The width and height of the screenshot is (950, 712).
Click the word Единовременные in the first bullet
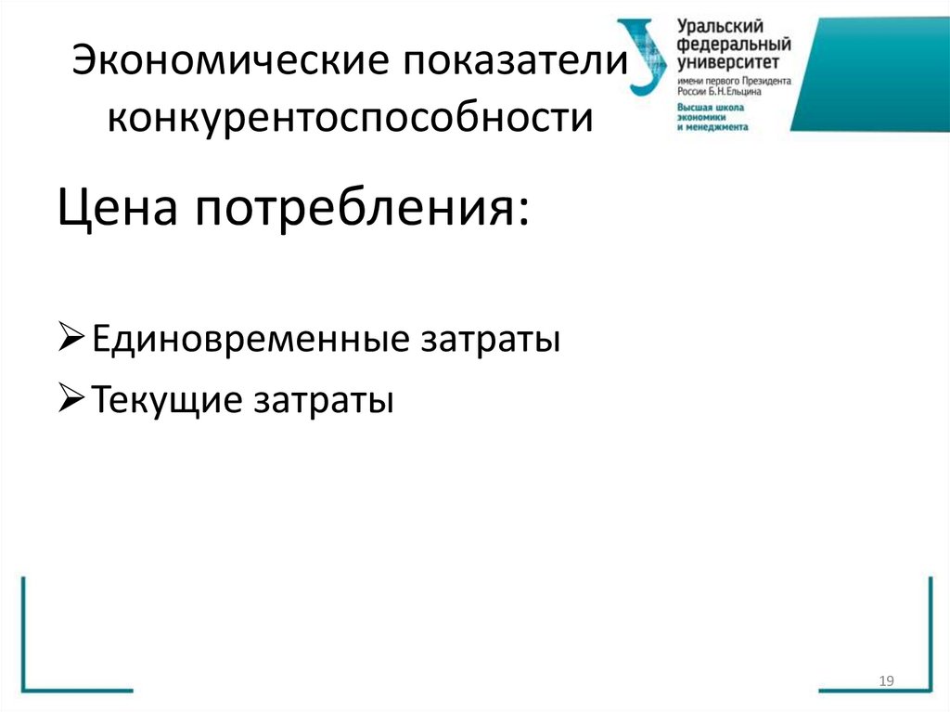[246, 340]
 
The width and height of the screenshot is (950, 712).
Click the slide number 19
[885, 682]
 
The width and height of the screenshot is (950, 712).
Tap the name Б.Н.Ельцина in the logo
[738, 94]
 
